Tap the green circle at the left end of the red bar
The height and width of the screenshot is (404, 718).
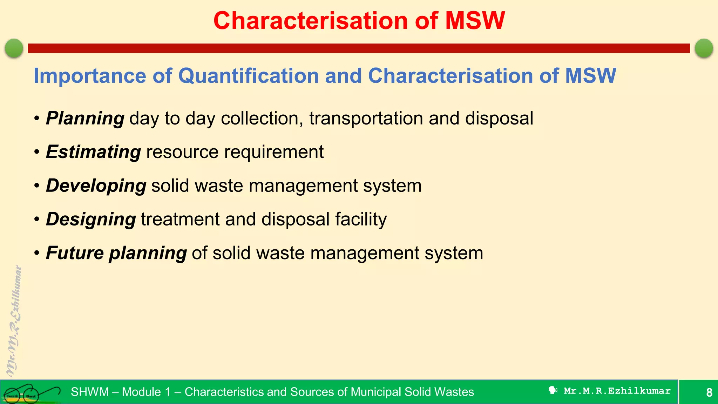(x=14, y=48)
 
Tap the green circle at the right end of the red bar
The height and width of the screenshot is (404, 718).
(x=704, y=48)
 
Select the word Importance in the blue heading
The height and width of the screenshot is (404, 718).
(x=90, y=76)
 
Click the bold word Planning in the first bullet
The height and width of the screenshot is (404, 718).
(x=85, y=118)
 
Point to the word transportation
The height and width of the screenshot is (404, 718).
(x=366, y=118)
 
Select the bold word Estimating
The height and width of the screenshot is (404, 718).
(x=93, y=152)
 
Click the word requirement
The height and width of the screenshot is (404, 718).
(x=274, y=152)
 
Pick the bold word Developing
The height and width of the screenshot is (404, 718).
(x=96, y=186)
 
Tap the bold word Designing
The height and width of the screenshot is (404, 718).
(x=91, y=219)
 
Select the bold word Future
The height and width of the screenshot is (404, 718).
(x=75, y=253)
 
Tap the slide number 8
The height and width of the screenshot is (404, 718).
(x=709, y=392)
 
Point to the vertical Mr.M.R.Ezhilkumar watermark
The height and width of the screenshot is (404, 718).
(x=14, y=321)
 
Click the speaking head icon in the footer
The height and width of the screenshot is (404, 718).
(x=553, y=390)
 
